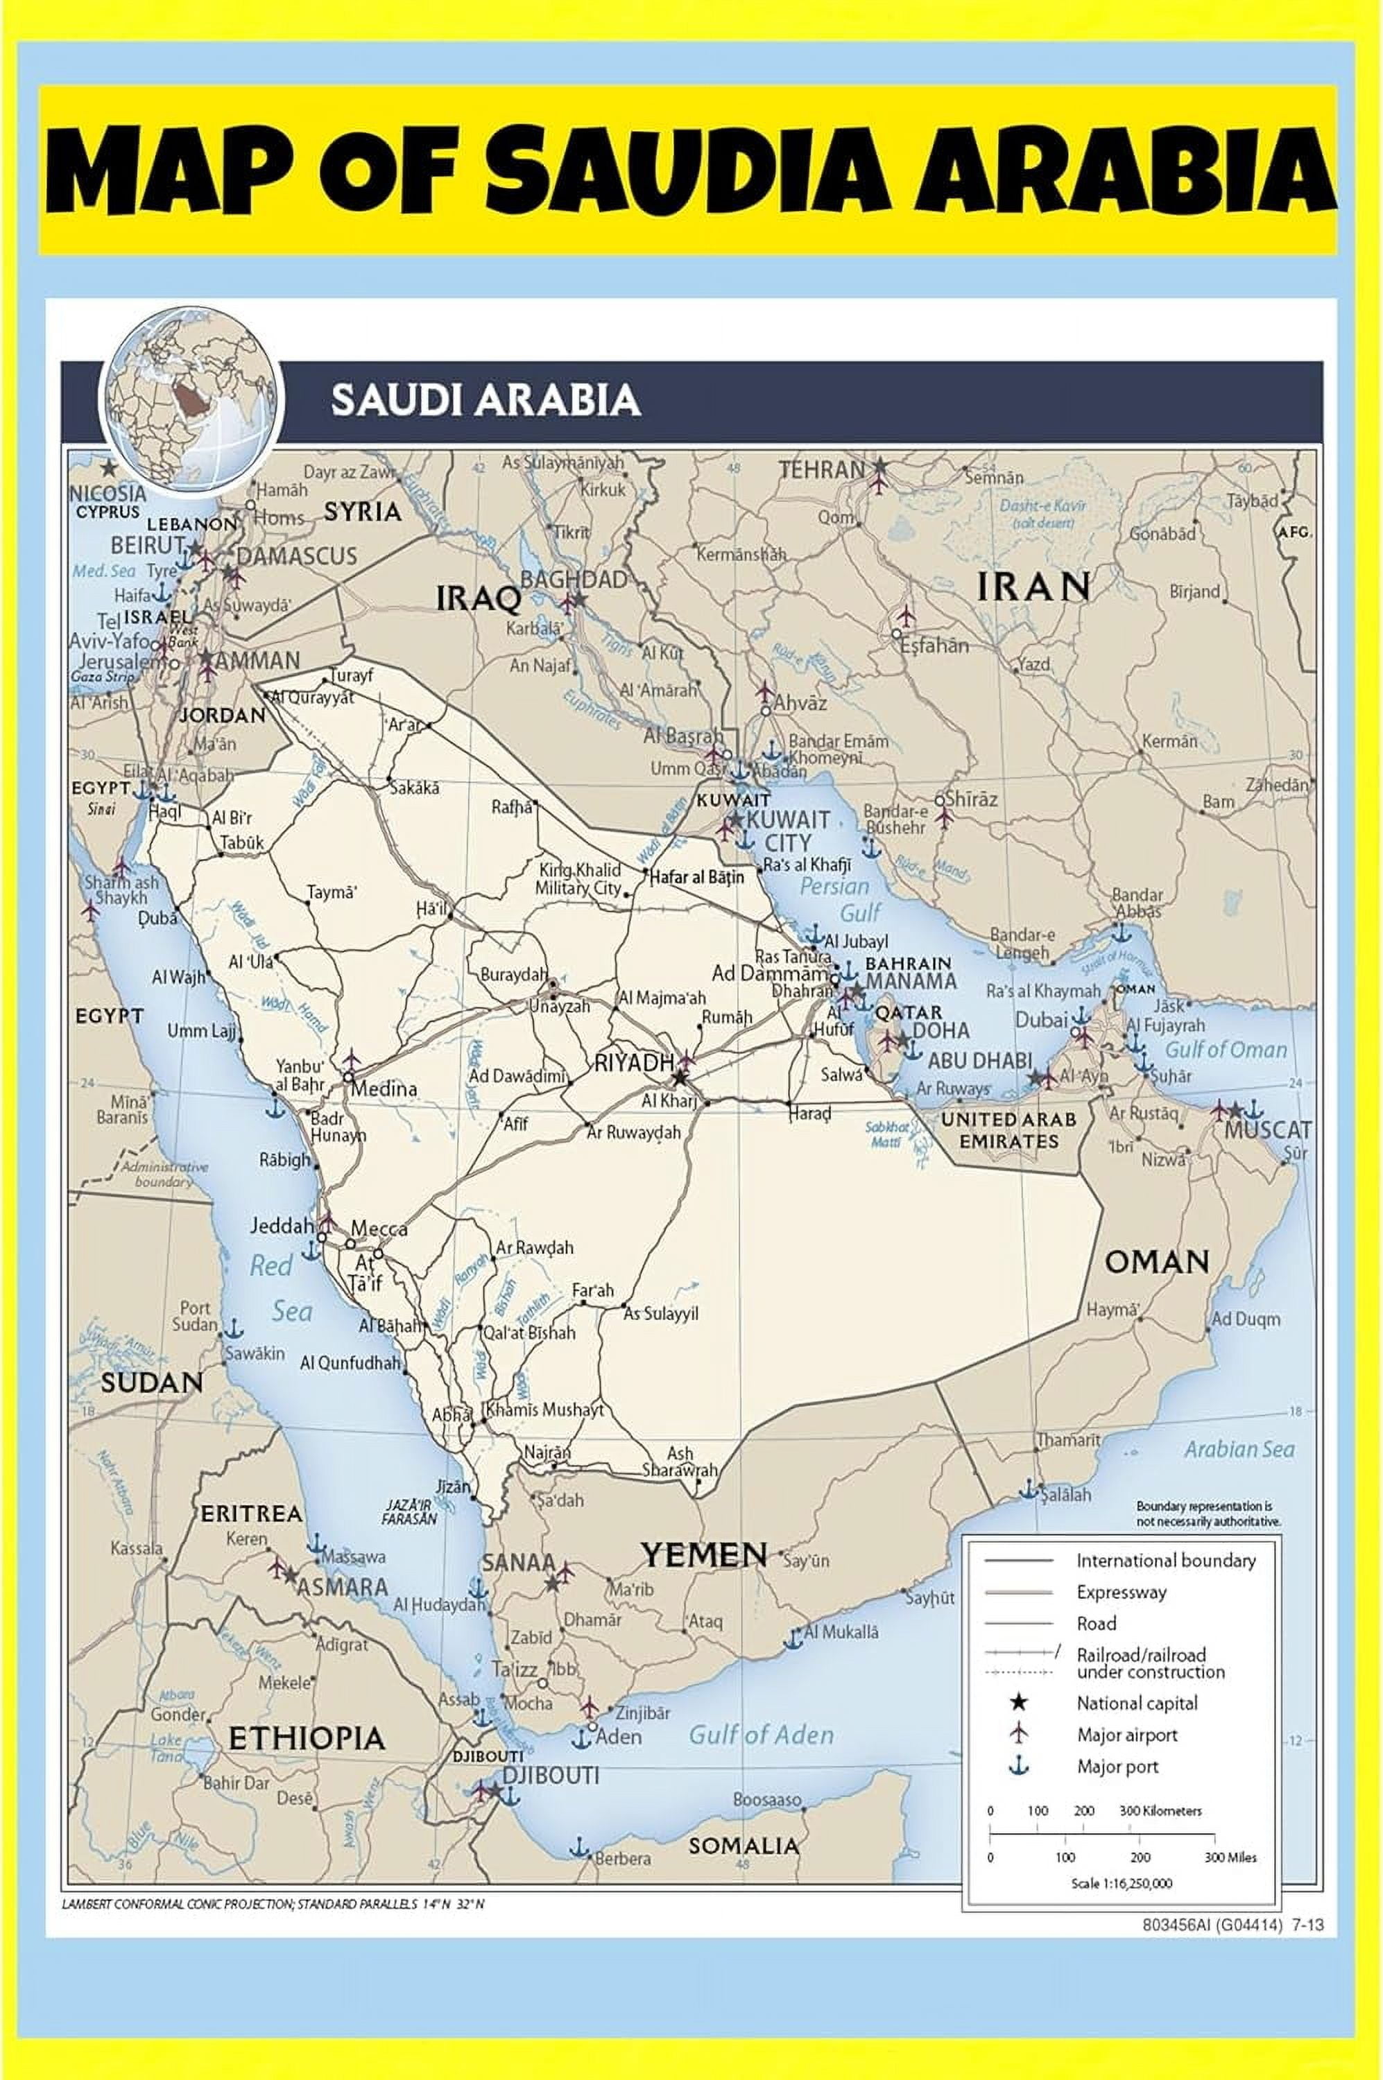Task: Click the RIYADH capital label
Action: [x=634, y=1064]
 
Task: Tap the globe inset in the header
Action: [x=191, y=399]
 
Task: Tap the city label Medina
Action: [x=384, y=1089]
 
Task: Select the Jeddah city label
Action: [x=282, y=1226]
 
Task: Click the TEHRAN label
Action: [x=821, y=470]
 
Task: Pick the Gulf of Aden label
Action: [x=761, y=1735]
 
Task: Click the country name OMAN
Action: [x=1156, y=1262]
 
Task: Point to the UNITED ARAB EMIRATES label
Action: [x=1009, y=1129]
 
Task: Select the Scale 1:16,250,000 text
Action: [x=1121, y=1882]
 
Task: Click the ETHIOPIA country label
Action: [x=307, y=1738]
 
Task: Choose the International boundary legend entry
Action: [x=1165, y=1561]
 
